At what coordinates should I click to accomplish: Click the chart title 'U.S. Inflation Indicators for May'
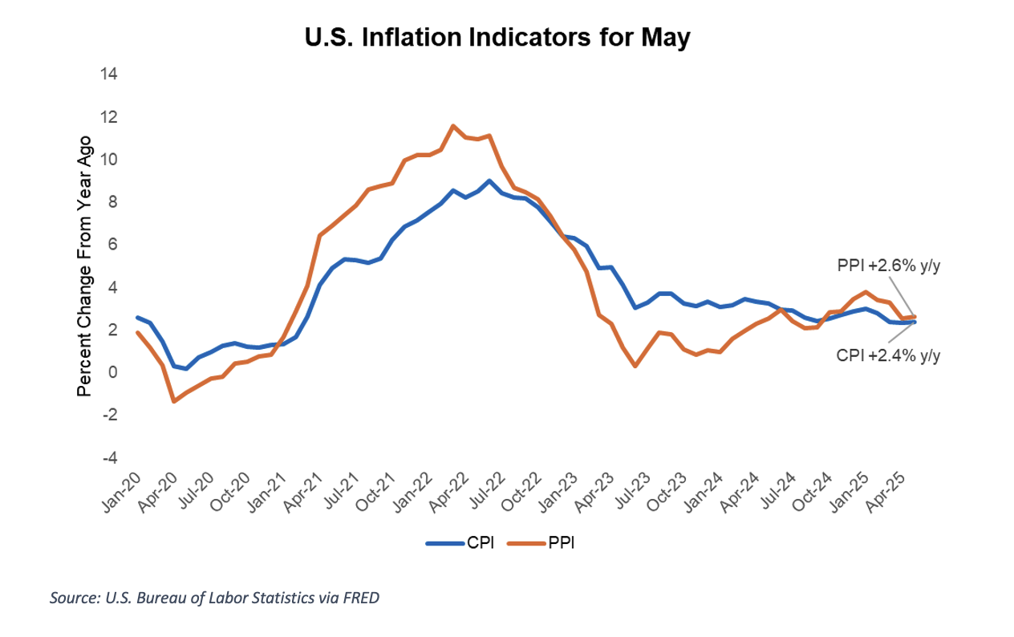pyautogui.click(x=497, y=38)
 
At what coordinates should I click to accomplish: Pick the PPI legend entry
pyautogui.click(x=561, y=543)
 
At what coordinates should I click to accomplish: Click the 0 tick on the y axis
pyautogui.click(x=113, y=372)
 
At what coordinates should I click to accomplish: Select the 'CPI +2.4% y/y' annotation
pyautogui.click(x=888, y=355)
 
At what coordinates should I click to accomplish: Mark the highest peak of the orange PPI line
pyautogui.click(x=453, y=126)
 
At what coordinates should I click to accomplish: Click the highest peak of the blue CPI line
pyautogui.click(x=489, y=181)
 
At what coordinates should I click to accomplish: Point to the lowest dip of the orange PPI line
pyautogui.click(x=174, y=400)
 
